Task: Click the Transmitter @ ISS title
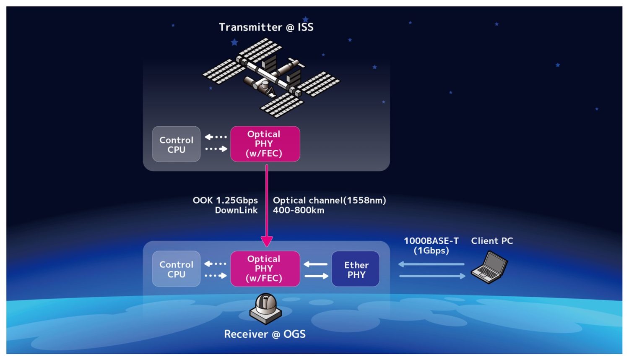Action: point(266,27)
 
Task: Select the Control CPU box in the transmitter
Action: point(176,144)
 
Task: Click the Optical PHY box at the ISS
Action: point(265,144)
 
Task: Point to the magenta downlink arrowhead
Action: point(267,241)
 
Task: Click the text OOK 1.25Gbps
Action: point(225,200)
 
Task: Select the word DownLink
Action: point(236,210)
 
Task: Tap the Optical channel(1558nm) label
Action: point(329,200)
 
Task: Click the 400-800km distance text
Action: point(299,210)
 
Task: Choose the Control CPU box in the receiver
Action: point(176,269)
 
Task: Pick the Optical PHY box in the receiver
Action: point(265,269)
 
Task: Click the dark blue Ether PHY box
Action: point(356,269)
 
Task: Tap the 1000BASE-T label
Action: point(431,241)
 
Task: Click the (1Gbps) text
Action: point(431,250)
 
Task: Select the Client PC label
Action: point(492,241)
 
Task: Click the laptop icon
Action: point(489,267)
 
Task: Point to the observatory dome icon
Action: point(266,308)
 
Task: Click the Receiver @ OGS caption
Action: point(265,334)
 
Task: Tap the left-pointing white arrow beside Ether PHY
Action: point(315,264)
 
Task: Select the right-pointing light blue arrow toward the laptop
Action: point(432,276)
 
